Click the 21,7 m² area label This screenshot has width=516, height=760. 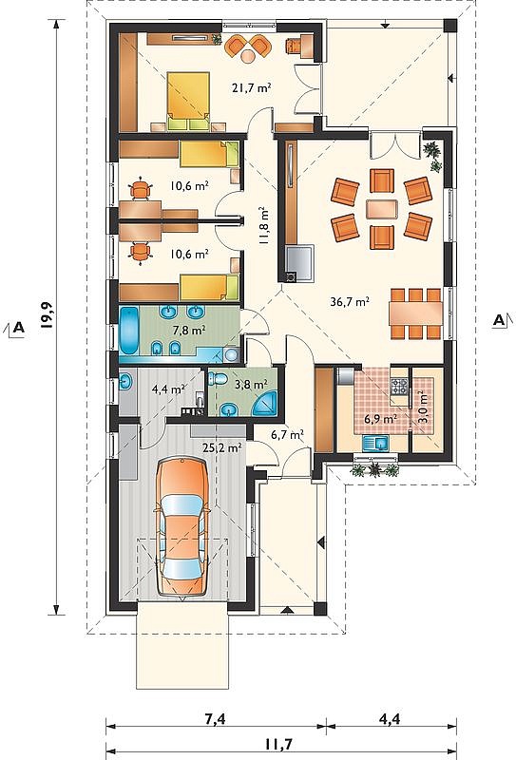(251, 87)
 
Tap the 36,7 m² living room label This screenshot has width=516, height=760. (350, 301)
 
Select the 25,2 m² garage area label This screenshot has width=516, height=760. (222, 447)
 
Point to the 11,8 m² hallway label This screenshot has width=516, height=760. (265, 225)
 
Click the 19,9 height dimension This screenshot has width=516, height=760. (47, 315)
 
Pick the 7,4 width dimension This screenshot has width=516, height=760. (215, 718)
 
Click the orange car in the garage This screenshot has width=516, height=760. (182, 526)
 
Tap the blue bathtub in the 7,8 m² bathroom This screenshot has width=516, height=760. (129, 330)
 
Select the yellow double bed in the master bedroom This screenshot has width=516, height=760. (189, 102)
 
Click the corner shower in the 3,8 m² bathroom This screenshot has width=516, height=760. (265, 404)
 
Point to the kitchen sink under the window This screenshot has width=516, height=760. (376, 443)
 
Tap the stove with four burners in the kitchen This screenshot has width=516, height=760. (401, 387)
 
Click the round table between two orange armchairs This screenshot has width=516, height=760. (248, 55)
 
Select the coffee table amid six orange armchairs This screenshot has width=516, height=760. (382, 209)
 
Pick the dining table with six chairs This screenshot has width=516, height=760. (415, 313)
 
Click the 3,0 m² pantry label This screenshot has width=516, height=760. (423, 407)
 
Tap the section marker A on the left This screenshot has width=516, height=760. (17, 327)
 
